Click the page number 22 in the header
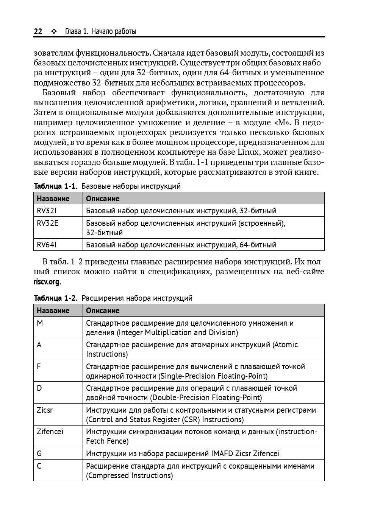[x=38, y=31]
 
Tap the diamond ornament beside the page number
[x=54, y=31]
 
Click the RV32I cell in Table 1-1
[x=46, y=211]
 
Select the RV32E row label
[x=47, y=223]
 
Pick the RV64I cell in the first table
[x=46, y=245]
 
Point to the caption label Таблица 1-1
[x=55, y=186]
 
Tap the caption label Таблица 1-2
[x=55, y=298]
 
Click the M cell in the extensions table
[x=40, y=323]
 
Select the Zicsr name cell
[x=45, y=410]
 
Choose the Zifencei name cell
[x=50, y=432]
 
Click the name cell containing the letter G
[x=39, y=454]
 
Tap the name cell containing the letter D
[x=39, y=388]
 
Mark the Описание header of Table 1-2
[x=103, y=311]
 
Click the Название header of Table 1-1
[x=53, y=199]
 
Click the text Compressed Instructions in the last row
[x=129, y=475]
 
